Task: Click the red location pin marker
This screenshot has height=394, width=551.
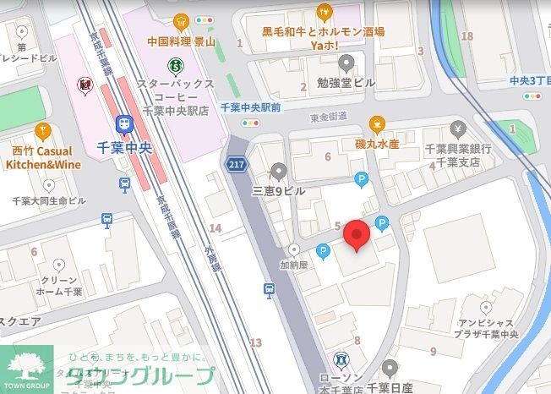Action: (357, 235)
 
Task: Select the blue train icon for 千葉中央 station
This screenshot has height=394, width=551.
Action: (123, 124)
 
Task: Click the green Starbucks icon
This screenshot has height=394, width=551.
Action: (175, 63)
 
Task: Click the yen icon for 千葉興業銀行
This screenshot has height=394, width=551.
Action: (458, 129)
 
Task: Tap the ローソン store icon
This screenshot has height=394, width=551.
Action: (341, 360)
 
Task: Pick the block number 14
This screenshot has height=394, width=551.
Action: (215, 228)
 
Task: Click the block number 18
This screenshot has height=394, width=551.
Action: (467, 36)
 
